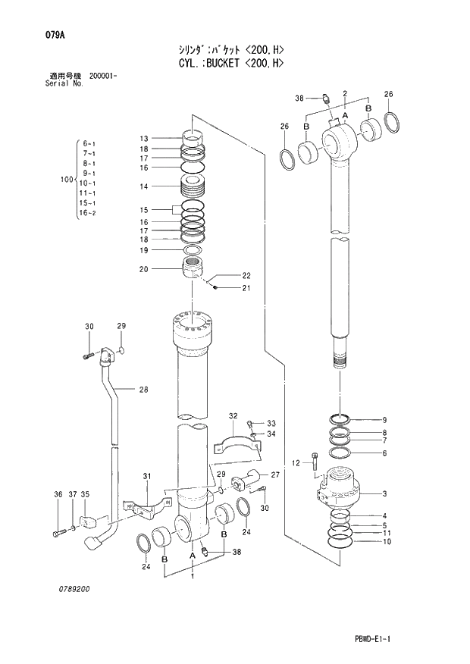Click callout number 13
pos(143,138)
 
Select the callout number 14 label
pos(143,186)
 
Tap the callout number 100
pos(65,180)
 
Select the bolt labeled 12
pos(313,464)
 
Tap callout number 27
pos(275,475)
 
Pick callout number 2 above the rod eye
pos(345,93)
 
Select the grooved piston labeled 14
pos(196,186)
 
